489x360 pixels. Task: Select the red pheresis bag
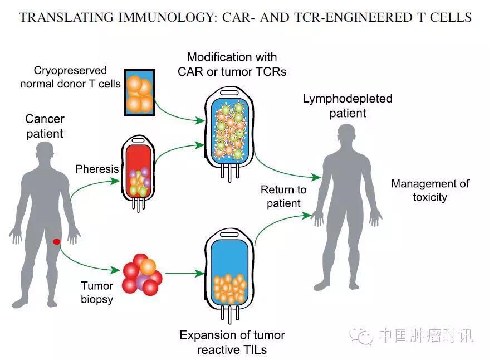click(x=138, y=172)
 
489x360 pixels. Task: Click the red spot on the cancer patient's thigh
click(x=56, y=241)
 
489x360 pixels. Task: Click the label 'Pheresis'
click(x=97, y=168)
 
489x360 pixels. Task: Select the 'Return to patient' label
click(x=283, y=197)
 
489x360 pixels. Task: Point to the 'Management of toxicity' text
click(x=430, y=190)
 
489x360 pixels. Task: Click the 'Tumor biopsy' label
click(x=97, y=293)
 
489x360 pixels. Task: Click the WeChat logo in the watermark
click(x=362, y=335)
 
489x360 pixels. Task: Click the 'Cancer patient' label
click(x=45, y=126)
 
